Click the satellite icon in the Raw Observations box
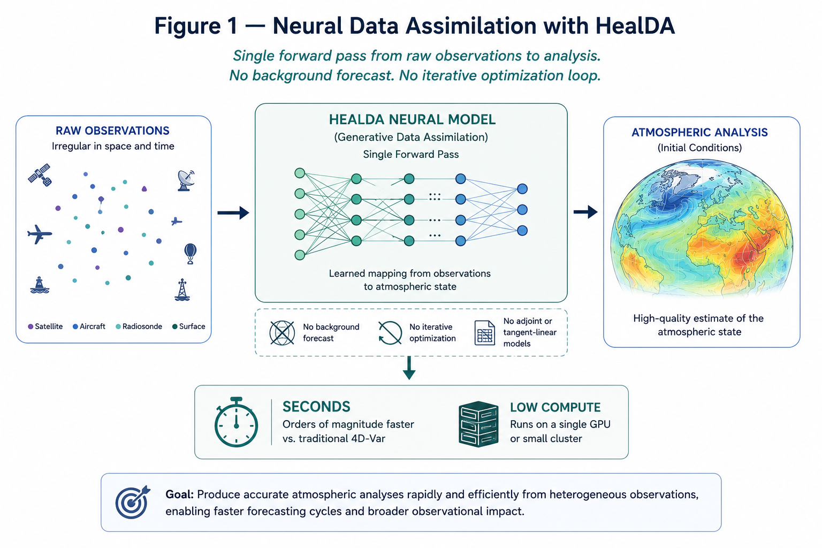[40, 175]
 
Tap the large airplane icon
[40, 234]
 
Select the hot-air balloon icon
[190, 254]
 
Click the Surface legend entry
[188, 326]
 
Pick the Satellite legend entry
[45, 326]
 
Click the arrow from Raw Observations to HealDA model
[233, 212]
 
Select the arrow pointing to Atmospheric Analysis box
[585, 212]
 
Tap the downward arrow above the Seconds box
[409, 368]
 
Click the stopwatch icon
[236, 422]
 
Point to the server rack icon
[478, 424]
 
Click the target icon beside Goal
[133, 502]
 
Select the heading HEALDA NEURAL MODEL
[412, 120]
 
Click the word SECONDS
[316, 407]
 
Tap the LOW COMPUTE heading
[555, 407]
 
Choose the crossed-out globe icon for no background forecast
[282, 333]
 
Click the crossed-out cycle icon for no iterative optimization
[390, 333]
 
